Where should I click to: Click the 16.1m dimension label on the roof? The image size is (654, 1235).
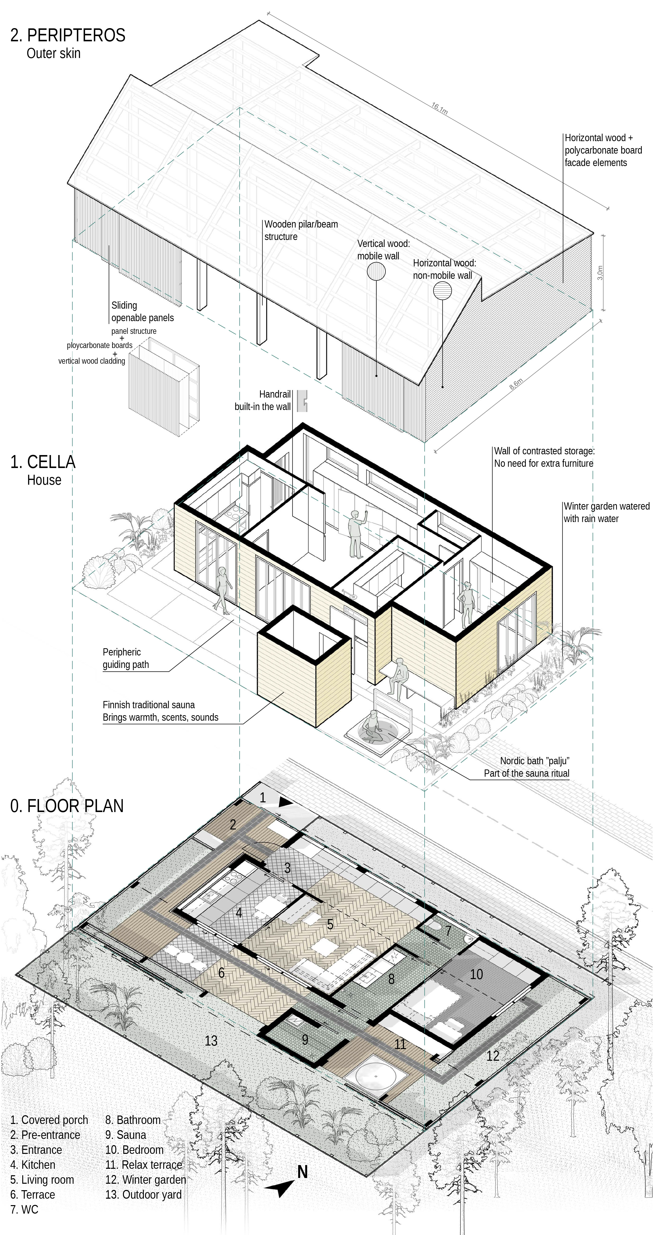[439, 108]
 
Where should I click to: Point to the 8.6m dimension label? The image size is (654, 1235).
[516, 384]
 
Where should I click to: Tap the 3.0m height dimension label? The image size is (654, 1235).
[600, 273]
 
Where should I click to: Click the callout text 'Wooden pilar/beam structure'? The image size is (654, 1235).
[301, 230]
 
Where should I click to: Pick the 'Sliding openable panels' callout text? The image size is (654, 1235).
[142, 311]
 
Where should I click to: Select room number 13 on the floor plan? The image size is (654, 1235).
[211, 1040]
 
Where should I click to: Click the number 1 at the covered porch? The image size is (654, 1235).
[263, 797]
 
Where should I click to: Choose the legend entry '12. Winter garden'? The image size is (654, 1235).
[146, 1179]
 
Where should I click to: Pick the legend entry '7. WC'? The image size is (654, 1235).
[24, 1210]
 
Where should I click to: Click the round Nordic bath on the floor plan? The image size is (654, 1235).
[376, 1076]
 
